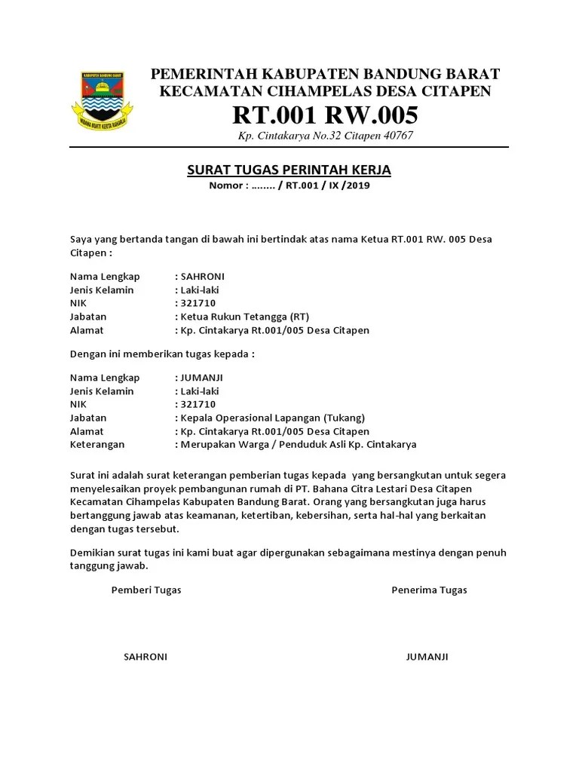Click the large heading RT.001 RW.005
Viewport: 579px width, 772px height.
click(325, 116)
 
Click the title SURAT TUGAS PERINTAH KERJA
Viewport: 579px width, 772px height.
click(289, 170)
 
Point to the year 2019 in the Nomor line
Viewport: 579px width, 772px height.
click(358, 185)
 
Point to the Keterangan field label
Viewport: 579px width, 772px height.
click(98, 445)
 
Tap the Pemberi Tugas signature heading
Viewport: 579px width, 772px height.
click(146, 590)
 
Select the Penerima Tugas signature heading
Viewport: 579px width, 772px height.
click(429, 590)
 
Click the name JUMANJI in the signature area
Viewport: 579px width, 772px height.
click(427, 657)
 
